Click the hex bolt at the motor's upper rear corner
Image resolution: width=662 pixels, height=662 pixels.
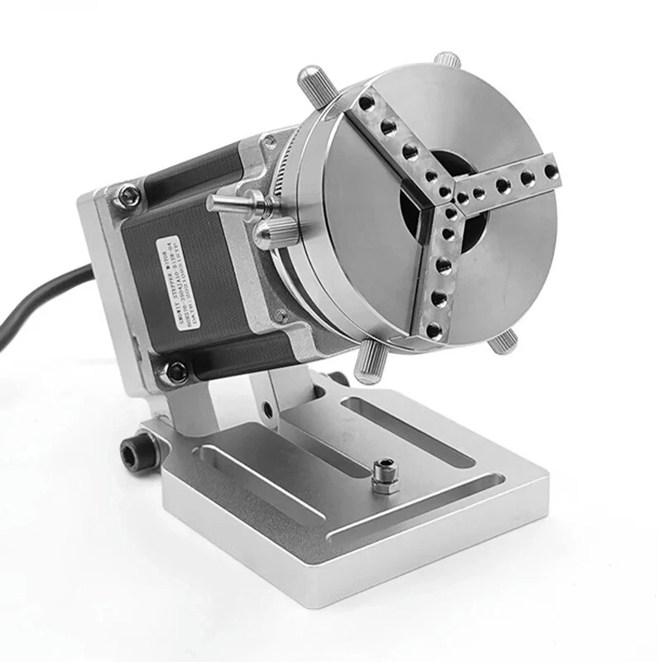(x=127, y=195)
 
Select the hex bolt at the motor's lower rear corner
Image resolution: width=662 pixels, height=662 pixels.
(x=175, y=372)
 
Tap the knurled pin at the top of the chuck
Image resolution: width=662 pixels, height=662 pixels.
(x=448, y=60)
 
